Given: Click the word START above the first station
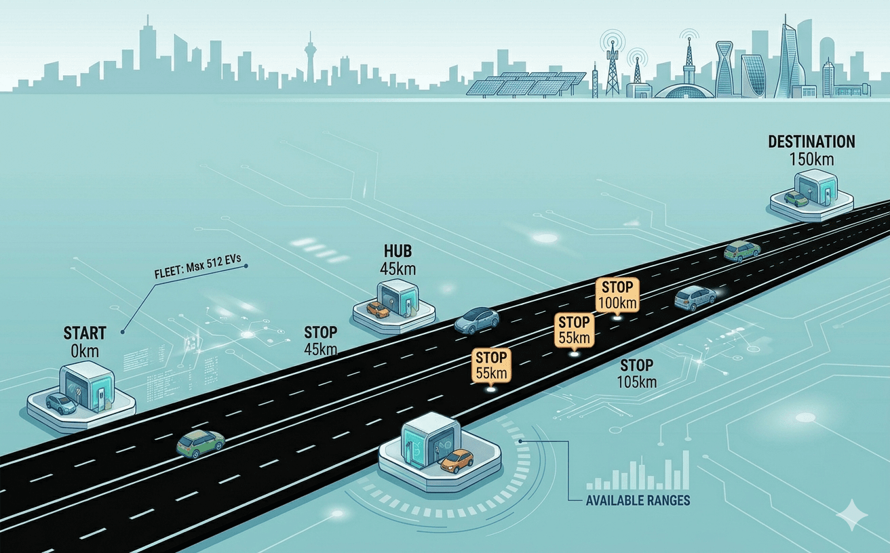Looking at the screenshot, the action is point(85,333).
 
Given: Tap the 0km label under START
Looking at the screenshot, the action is point(85,351).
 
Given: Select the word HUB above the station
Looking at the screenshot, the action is point(398,251).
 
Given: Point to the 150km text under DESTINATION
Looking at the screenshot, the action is point(811,159).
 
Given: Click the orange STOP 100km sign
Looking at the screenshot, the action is point(617,295).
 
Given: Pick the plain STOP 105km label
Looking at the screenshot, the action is point(636,373).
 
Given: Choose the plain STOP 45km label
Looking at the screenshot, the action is point(321,341).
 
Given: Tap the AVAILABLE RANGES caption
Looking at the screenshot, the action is point(638,500).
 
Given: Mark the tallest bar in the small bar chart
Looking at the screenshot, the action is point(685,470).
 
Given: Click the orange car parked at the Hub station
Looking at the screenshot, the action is point(377,310).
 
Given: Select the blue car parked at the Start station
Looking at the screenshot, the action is point(61,403).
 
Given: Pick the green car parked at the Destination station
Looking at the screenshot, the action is point(796,199).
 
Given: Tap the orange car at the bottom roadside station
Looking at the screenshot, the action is point(457,461).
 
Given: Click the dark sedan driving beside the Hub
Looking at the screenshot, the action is point(476,321).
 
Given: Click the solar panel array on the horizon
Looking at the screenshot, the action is point(525,84).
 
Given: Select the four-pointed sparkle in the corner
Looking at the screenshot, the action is point(852,515).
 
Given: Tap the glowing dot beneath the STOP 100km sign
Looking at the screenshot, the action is point(617,316).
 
